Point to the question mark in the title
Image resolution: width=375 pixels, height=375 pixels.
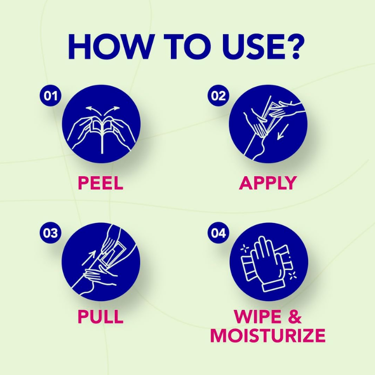pos(295,47)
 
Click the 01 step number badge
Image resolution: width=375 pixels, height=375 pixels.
pos(50,96)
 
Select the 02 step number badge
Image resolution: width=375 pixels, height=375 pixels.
pos(219,96)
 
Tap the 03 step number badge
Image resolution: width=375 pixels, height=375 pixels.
pos(50,232)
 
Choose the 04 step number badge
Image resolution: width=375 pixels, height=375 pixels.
pos(219,232)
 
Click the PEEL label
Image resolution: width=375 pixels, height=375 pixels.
pos(101,183)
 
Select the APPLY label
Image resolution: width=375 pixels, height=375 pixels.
pos(268,183)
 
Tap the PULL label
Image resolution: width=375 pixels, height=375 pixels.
pos(101,317)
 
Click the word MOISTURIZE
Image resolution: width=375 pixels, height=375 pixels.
pos(268,335)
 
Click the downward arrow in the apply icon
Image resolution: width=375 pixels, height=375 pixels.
pos(283,132)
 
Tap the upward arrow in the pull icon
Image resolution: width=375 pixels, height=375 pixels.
pos(89,258)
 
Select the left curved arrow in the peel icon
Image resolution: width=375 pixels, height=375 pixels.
pos(93,110)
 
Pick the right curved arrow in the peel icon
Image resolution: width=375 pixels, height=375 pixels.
pos(111,110)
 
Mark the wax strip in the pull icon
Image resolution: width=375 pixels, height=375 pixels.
pos(113,253)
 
